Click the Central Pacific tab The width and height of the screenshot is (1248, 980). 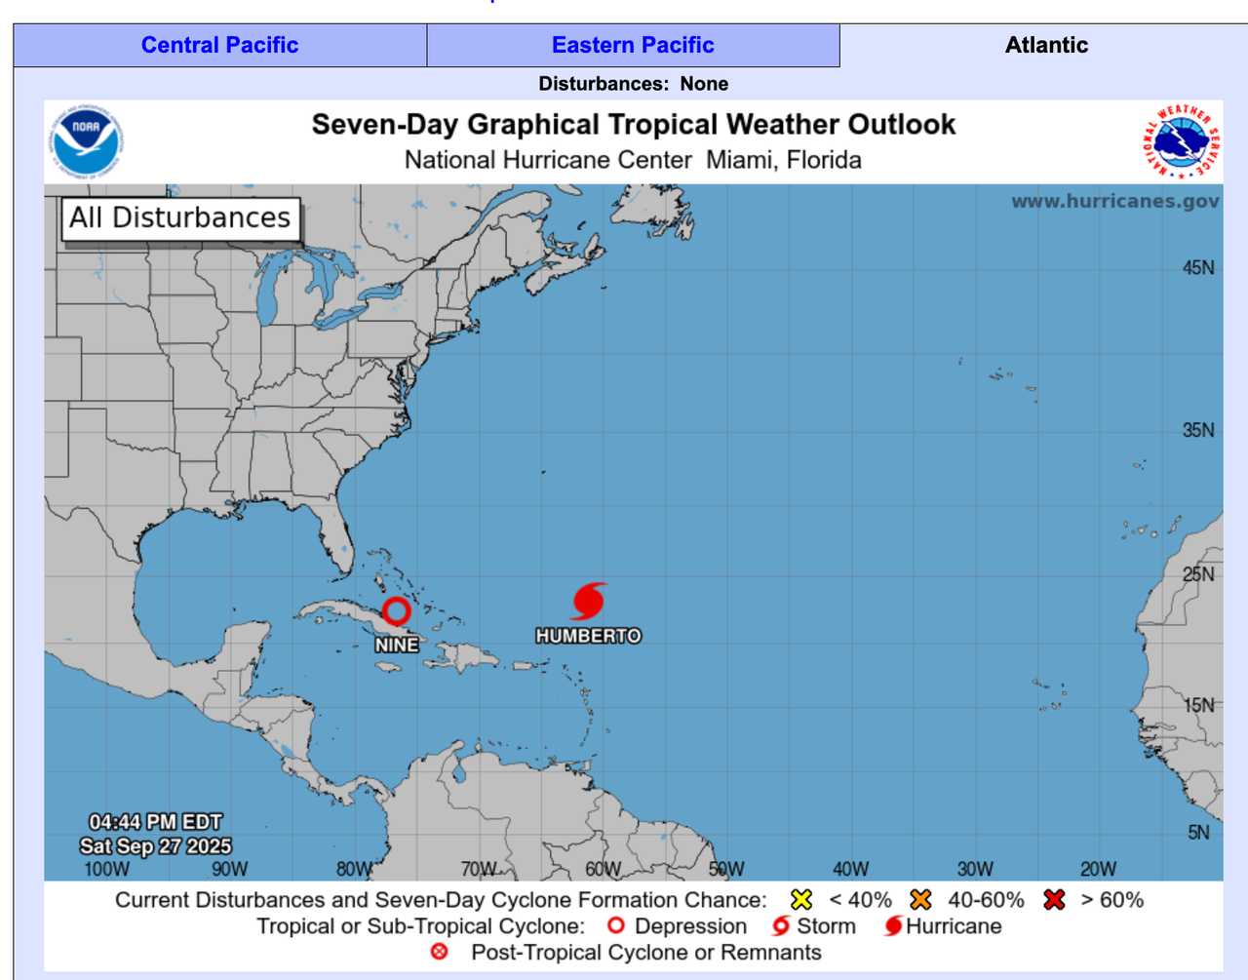tap(219, 45)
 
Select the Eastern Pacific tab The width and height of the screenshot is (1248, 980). tap(633, 45)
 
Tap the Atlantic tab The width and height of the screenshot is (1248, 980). tap(1045, 45)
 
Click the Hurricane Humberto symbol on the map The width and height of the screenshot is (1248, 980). tap(589, 602)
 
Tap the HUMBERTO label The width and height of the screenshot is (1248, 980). tap(588, 636)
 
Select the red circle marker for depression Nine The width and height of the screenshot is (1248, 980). tap(396, 611)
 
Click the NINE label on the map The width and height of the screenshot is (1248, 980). tap(397, 645)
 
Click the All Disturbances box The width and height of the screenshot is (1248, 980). tap(180, 217)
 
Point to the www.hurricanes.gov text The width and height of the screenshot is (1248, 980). tap(1114, 201)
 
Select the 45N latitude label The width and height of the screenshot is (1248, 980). tap(1198, 267)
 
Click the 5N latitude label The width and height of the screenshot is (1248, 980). tap(1198, 832)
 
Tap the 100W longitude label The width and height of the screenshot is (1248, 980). tap(106, 869)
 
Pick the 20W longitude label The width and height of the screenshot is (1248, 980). tap(1098, 869)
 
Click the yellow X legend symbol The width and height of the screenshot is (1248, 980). tap(801, 899)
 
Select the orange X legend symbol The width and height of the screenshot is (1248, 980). tap(920, 899)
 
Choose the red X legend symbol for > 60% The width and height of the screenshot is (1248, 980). tap(1054, 899)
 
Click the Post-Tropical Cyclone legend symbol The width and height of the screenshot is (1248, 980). tap(440, 952)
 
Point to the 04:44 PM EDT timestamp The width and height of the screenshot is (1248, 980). tap(156, 822)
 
